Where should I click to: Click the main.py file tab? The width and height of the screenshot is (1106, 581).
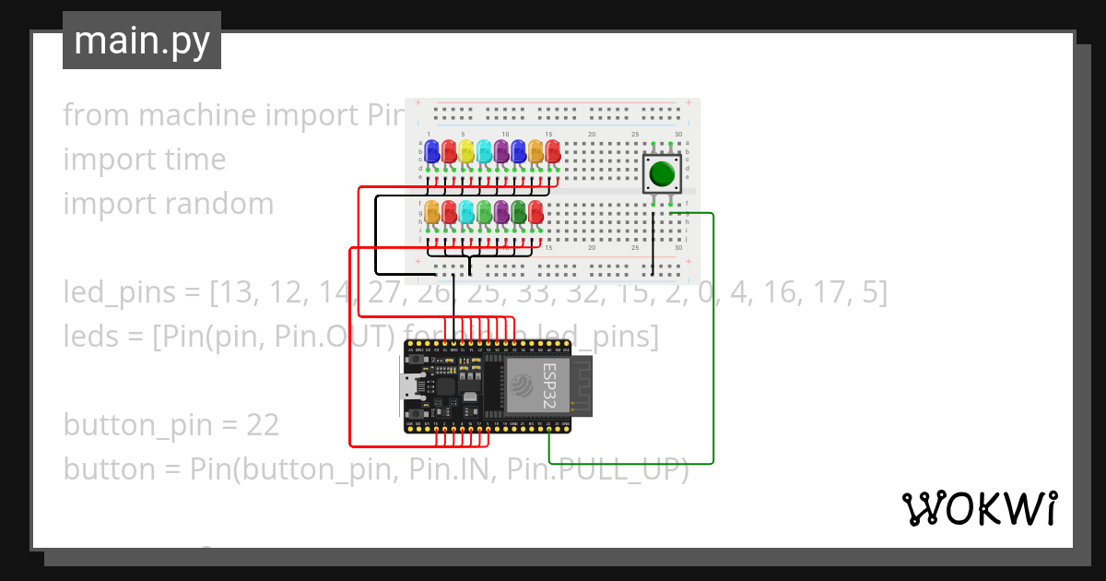click(141, 41)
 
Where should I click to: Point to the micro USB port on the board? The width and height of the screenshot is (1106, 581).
click(409, 386)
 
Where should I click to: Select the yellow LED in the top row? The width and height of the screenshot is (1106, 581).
click(466, 151)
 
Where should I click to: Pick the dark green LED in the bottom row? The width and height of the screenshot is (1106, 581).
click(518, 212)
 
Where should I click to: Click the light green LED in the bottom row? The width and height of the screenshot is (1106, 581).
click(484, 212)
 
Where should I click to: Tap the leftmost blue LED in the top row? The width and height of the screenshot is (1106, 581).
click(431, 151)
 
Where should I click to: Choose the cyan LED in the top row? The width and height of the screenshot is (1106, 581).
click(484, 151)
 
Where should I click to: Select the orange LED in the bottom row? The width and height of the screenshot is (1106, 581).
click(431, 212)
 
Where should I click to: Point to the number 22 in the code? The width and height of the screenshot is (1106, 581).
click(263, 425)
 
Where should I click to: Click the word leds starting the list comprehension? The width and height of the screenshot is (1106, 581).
click(90, 337)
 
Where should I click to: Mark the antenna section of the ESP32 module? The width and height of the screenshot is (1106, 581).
click(583, 385)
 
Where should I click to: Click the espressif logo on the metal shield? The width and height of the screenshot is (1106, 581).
click(521, 385)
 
